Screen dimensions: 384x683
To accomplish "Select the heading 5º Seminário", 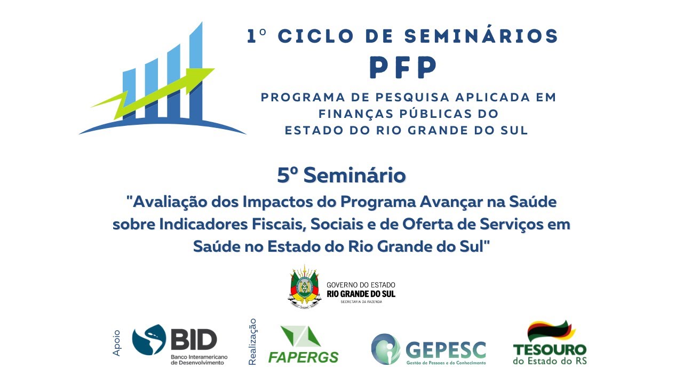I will tap(341, 175).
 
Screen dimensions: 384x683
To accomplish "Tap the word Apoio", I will tap(117, 343).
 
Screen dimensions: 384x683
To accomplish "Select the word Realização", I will tap(253, 342).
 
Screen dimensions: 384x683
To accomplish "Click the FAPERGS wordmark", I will tap(303, 356).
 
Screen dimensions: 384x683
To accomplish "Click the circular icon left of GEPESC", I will tap(385, 349).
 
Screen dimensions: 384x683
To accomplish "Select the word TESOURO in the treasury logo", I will tap(550, 350).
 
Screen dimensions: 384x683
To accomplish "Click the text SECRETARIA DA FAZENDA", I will tap(361, 302).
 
